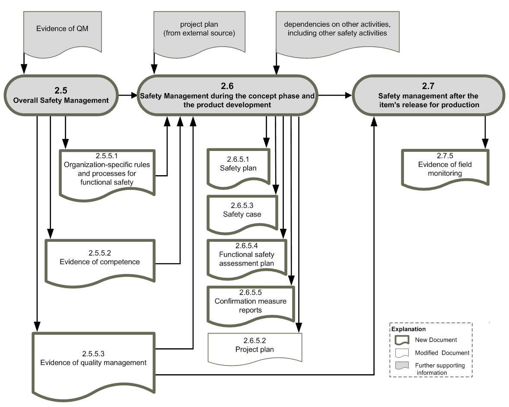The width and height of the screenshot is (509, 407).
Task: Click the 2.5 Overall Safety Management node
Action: coord(61,95)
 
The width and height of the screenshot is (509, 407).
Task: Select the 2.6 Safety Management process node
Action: coord(227,95)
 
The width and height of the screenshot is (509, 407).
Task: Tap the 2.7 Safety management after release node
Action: coord(429,95)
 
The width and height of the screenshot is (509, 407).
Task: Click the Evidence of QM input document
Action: coord(62,34)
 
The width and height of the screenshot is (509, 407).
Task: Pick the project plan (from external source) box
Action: coord(199,34)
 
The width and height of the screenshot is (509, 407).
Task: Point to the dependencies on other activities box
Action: coord(337,34)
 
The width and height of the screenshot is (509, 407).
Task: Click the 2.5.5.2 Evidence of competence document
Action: coord(100,263)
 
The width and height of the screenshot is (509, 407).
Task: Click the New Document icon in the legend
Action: coord(402,340)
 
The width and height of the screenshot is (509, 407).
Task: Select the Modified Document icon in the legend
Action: coord(402,353)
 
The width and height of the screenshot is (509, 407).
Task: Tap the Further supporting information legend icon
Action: coord(402,365)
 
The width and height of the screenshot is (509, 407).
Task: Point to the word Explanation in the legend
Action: coord(408,329)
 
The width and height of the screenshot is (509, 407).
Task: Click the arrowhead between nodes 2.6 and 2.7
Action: coord(348,95)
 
